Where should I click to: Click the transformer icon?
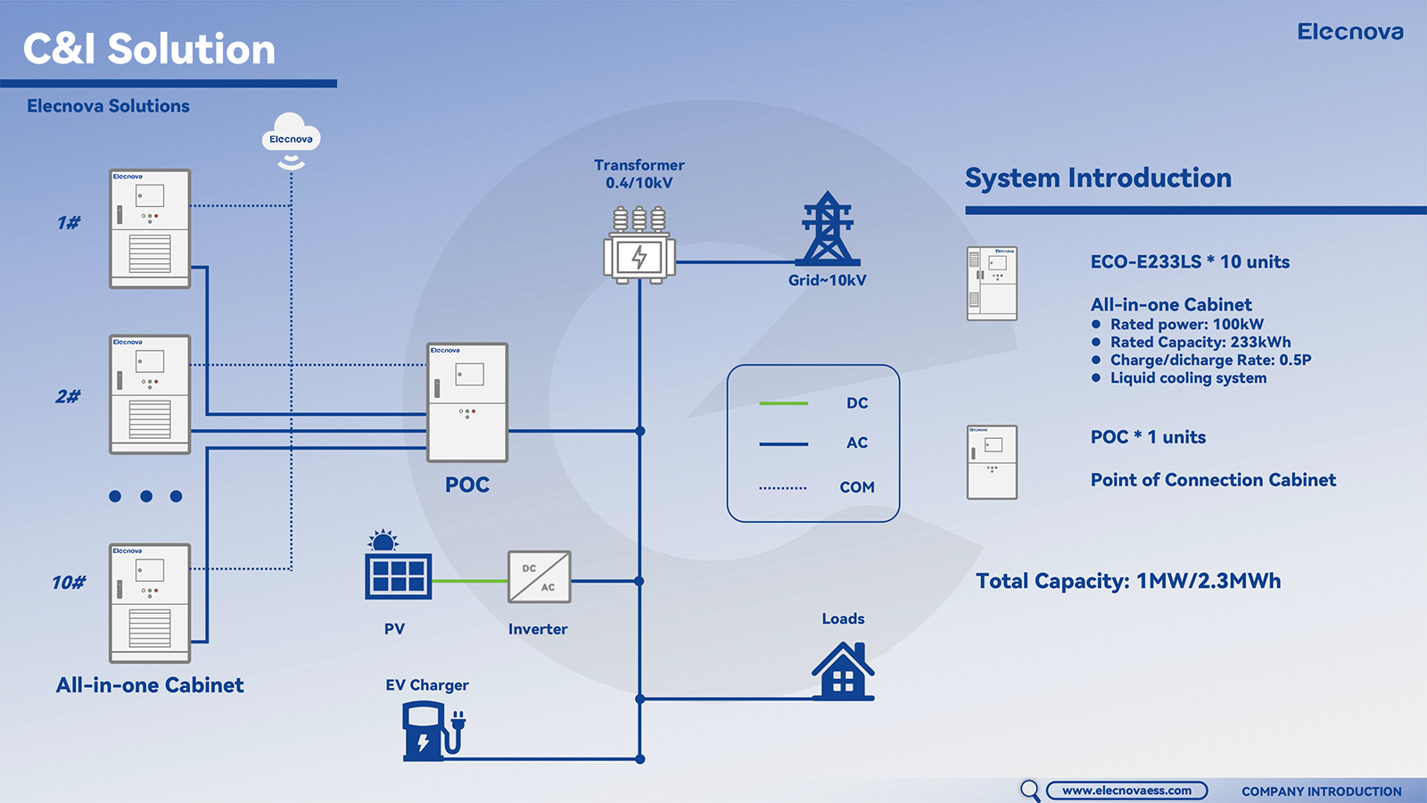coord(639,247)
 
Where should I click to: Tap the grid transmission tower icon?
coord(828,229)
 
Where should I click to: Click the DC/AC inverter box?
coord(539,577)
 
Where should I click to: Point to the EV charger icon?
coord(432,731)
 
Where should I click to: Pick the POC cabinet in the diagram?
coord(467,402)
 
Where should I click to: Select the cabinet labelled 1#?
coord(150,229)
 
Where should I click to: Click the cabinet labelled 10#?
coord(150,603)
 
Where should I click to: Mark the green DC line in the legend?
coord(783,403)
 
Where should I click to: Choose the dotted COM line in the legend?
coord(783,488)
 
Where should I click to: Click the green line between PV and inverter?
coord(470,581)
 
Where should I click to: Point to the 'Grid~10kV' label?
coord(827,280)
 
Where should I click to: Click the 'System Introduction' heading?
coord(1098,178)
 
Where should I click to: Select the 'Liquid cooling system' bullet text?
coord(1188,378)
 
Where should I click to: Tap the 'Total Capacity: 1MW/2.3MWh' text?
coord(1128,582)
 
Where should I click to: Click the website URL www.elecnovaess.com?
coord(1126,791)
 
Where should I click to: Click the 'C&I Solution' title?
coord(149,49)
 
